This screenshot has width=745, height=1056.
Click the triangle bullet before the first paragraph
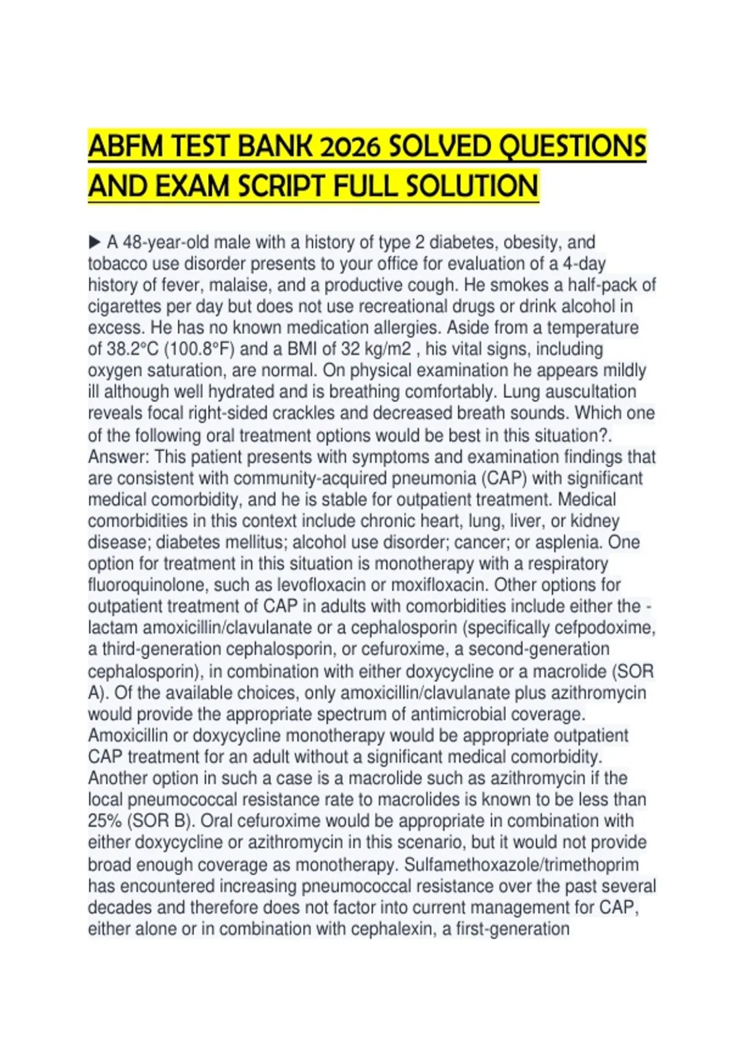(94, 241)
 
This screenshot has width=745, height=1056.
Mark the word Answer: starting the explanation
(119, 457)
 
